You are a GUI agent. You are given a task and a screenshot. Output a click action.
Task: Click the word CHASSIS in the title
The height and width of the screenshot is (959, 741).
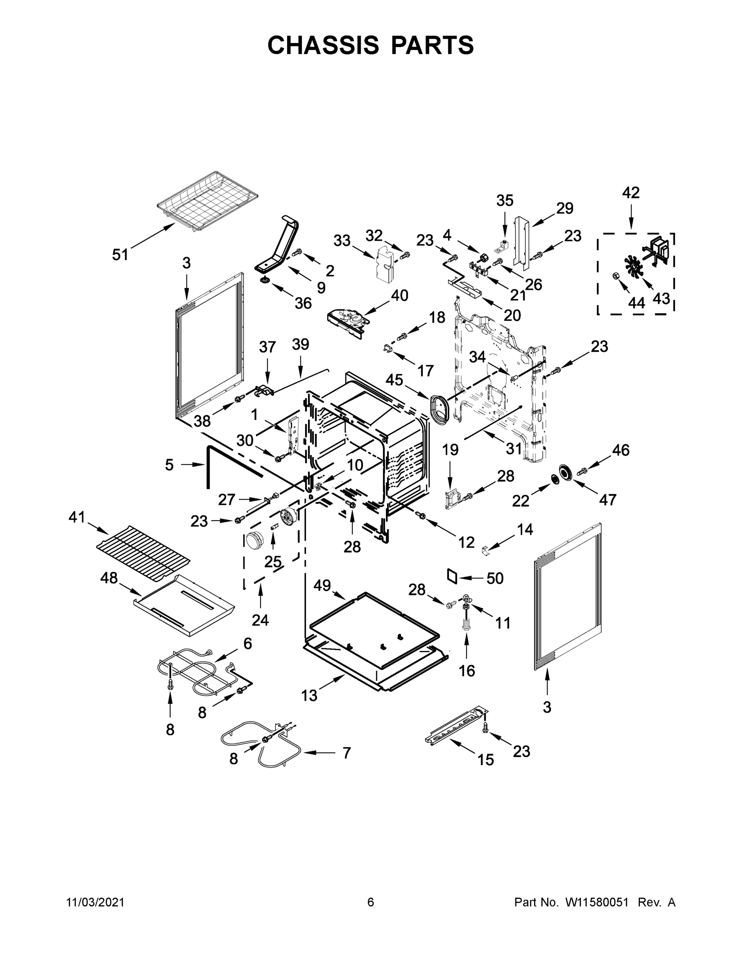(323, 45)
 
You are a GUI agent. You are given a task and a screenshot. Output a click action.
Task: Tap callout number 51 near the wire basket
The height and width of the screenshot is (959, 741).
(120, 254)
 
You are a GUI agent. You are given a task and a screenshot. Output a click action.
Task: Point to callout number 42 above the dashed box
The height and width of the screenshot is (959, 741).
(631, 192)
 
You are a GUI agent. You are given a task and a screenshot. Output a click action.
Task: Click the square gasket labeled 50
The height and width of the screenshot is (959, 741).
(452, 576)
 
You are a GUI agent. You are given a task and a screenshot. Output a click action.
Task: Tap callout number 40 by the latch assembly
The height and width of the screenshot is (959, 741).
(399, 296)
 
